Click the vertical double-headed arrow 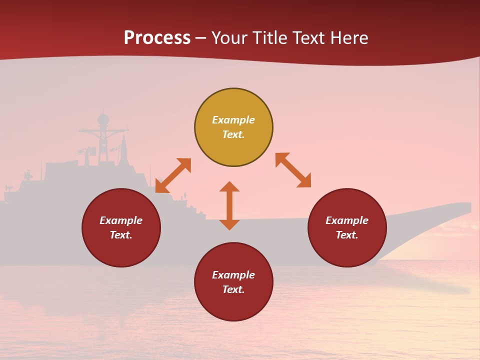coord(229,205)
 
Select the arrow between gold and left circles coord(173,175)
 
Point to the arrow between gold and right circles coord(293,170)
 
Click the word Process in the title coord(157,38)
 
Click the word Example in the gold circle coord(233,120)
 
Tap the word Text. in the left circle coord(121,235)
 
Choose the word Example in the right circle coord(347,220)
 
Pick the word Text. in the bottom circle coord(233,289)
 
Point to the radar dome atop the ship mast coord(103,119)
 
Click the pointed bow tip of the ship coord(470,205)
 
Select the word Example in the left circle coord(121,220)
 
